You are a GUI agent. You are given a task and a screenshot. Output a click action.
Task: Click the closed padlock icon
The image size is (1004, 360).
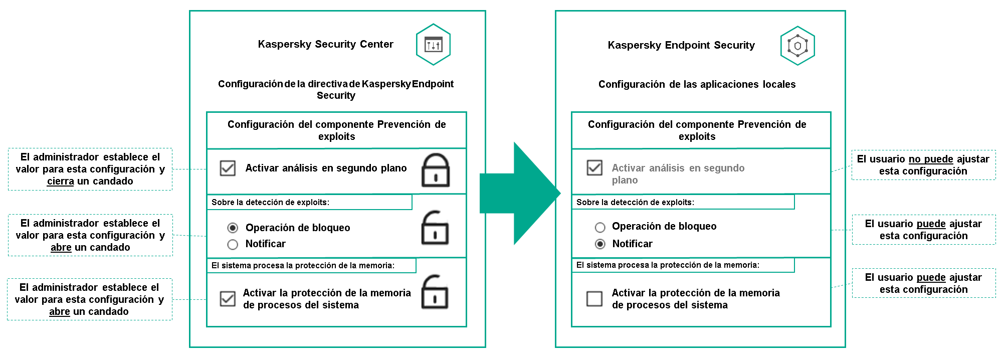tap(435, 170)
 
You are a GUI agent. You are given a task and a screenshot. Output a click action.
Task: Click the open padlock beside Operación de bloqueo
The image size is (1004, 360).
tap(435, 228)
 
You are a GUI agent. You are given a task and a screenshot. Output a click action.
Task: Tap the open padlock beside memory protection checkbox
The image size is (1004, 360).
tap(434, 292)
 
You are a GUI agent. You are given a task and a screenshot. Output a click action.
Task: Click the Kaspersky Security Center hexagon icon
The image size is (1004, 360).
tap(433, 45)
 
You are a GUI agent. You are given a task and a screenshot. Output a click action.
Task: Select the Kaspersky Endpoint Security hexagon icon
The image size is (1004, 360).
tap(797, 46)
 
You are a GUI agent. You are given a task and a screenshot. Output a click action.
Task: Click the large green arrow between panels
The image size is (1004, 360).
tap(519, 194)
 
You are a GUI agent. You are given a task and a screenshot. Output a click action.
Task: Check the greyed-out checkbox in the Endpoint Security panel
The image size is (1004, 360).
tap(594, 167)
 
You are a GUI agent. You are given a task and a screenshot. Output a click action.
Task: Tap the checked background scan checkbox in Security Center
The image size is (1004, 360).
tap(228, 168)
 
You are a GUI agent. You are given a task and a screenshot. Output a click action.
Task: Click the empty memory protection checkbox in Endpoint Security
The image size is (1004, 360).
tap(594, 299)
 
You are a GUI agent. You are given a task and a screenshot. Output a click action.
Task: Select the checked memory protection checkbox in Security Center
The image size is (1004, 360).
tap(228, 299)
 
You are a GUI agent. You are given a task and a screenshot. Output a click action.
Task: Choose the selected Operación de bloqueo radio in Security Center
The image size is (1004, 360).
tap(233, 228)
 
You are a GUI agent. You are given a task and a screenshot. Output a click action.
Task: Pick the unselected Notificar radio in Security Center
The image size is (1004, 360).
tap(233, 245)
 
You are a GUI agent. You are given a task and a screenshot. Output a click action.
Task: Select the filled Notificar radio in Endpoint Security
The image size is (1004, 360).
tap(600, 244)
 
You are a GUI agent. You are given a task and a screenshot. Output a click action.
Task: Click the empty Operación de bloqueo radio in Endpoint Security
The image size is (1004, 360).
tap(600, 227)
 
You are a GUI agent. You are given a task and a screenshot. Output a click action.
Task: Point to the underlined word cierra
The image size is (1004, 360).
tap(60, 182)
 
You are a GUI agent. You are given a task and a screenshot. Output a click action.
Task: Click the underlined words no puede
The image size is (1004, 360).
tap(931, 159)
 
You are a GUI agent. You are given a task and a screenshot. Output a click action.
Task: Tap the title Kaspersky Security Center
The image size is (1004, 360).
tap(325, 44)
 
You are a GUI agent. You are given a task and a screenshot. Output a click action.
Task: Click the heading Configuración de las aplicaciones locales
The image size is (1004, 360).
tap(697, 84)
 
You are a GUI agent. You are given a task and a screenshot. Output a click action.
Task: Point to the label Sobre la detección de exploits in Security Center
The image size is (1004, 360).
tap(270, 203)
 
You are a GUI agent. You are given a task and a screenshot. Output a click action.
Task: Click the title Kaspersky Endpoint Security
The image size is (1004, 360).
tap(681, 45)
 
